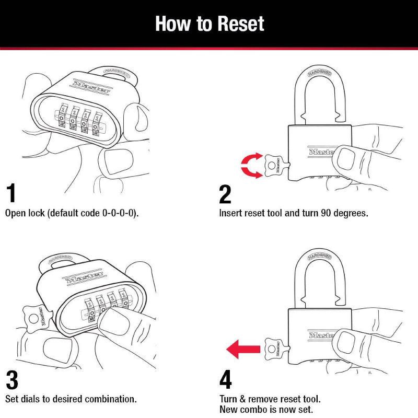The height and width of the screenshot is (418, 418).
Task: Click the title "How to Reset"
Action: (209, 24)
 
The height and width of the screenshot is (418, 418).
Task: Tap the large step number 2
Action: (225, 193)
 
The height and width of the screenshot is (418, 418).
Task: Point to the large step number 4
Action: (226, 380)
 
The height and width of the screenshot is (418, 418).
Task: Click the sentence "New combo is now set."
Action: (266, 410)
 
